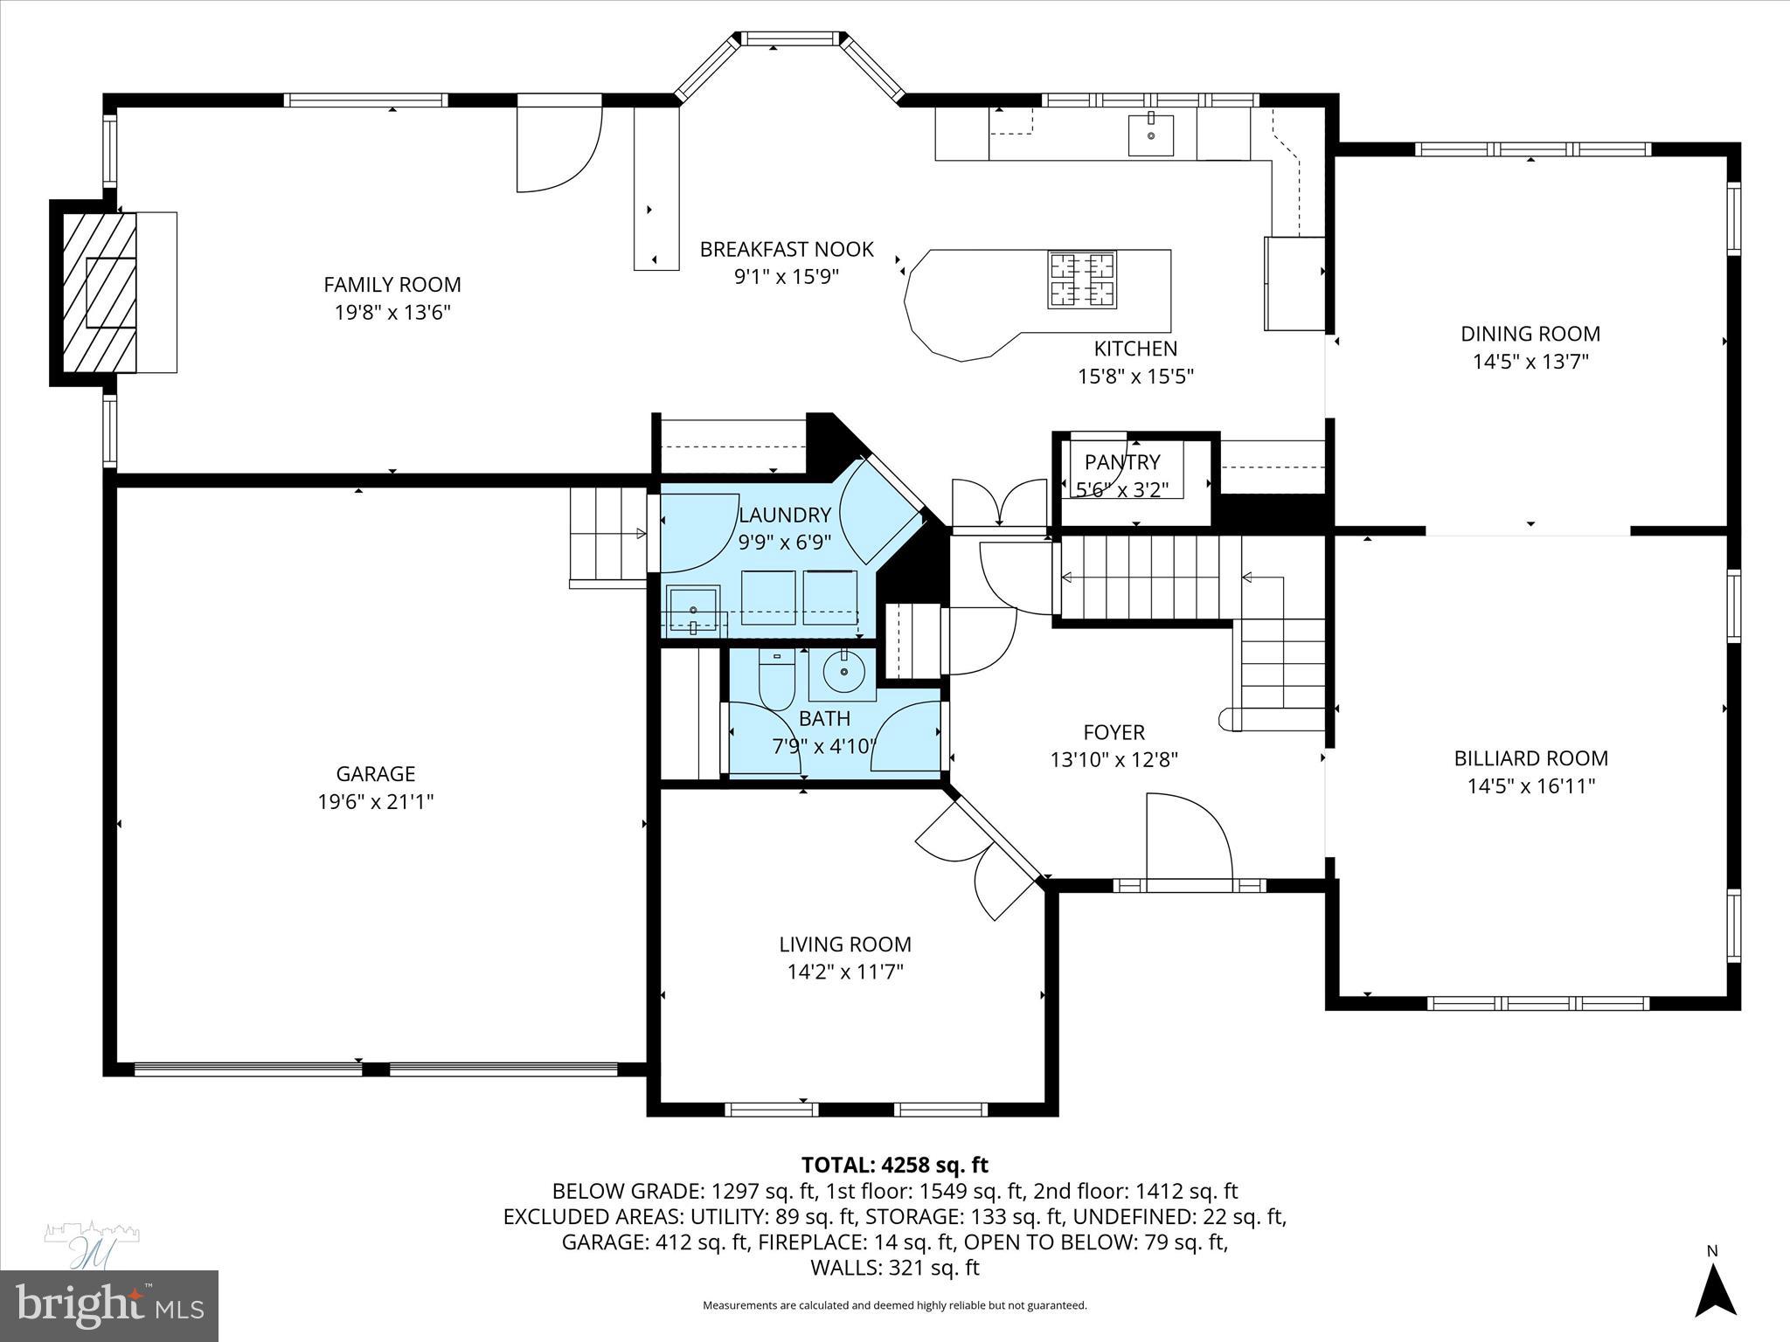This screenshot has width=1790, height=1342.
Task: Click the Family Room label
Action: click(392, 284)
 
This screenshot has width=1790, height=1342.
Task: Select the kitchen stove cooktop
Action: click(1083, 279)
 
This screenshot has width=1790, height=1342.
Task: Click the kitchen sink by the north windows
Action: click(1150, 135)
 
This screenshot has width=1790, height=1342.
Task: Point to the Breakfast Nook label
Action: click(786, 250)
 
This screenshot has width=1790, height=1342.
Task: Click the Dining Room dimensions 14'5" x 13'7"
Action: click(1530, 361)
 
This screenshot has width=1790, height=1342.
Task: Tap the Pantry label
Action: click(1122, 462)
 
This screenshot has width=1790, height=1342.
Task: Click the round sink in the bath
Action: click(843, 671)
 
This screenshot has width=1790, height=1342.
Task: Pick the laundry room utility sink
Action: click(693, 609)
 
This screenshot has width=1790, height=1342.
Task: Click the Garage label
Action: click(375, 773)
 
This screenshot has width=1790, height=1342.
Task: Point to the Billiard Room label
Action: click(1530, 758)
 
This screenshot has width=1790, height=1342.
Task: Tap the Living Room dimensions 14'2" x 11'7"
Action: click(844, 972)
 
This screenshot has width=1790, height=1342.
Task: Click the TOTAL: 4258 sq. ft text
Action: click(894, 1165)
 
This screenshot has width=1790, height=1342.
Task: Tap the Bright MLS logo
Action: click(108, 1304)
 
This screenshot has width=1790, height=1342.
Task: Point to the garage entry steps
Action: click(607, 535)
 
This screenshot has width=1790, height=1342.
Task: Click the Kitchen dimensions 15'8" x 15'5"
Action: click(1134, 377)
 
